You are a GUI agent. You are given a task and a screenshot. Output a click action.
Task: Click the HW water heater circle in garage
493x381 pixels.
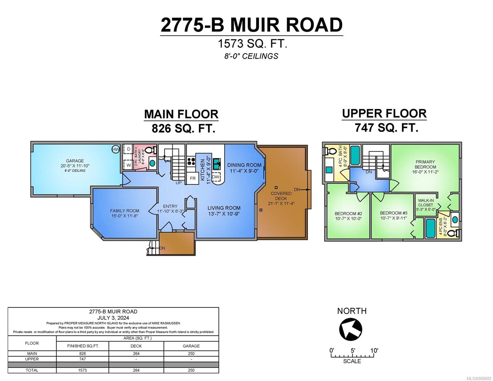tap(116, 149)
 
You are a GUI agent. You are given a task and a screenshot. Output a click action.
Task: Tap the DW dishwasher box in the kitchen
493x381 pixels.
tap(216, 177)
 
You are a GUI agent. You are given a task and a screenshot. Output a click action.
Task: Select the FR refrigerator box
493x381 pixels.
tap(193, 178)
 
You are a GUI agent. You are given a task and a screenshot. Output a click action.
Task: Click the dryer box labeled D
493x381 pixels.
tap(129, 149)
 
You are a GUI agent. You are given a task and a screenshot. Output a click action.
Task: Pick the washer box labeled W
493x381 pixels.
tap(129, 165)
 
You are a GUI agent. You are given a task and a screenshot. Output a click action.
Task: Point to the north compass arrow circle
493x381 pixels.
tap(350, 329)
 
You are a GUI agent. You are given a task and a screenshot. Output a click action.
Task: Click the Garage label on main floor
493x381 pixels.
tap(75, 161)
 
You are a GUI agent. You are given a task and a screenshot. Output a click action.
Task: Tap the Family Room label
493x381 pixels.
tap(124, 211)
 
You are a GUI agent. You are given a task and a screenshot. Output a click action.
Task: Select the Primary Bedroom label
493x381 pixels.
tap(425, 164)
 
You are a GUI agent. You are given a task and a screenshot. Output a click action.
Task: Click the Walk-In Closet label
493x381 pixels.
tap(426, 203)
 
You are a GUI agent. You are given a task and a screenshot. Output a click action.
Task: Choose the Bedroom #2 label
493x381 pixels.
tap(348, 213)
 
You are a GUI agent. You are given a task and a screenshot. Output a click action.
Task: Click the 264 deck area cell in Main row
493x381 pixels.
tap(136, 353)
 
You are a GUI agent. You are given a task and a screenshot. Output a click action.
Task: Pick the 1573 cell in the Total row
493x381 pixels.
tap(83, 370)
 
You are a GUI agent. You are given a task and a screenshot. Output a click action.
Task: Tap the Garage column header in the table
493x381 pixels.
tap(191, 346)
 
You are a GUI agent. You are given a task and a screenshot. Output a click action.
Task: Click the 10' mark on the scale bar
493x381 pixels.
tap(374, 351)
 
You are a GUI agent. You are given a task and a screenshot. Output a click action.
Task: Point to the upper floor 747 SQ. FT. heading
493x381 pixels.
tap(386, 128)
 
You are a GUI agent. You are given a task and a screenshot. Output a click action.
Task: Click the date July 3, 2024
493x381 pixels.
tap(113, 317)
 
